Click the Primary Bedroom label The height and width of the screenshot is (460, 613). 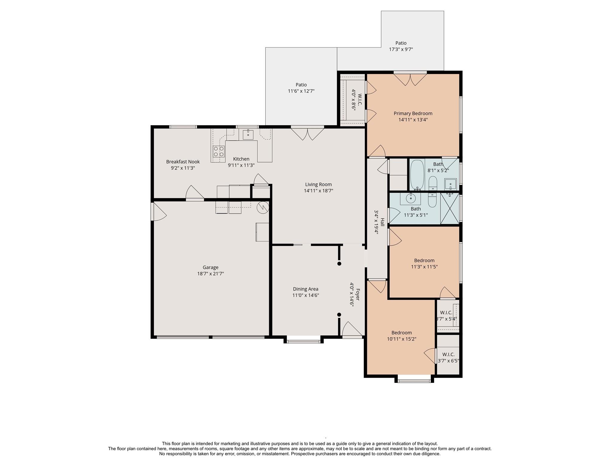(413, 114)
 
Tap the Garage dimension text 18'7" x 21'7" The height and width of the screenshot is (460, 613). (210, 274)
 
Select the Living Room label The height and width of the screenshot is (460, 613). (318, 184)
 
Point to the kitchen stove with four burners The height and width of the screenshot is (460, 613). (219, 151)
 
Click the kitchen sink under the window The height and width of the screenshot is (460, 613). (248, 135)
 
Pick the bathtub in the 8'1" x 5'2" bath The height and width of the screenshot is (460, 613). (417, 175)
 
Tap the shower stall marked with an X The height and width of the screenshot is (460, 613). (450, 208)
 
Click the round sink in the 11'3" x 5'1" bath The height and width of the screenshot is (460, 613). (411, 198)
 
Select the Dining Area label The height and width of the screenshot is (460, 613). (306, 289)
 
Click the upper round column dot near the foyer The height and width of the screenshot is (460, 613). (339, 264)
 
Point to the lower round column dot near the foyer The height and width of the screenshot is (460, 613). (339, 315)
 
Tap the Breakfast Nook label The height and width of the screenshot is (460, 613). (183, 162)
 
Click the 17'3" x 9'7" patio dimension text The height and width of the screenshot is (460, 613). (401, 49)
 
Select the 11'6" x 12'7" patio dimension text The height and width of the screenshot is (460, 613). (301, 91)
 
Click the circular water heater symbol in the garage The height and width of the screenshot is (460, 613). (263, 207)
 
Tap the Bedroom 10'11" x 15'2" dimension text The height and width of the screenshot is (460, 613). (402, 339)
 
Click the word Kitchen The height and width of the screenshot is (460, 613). (241, 159)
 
